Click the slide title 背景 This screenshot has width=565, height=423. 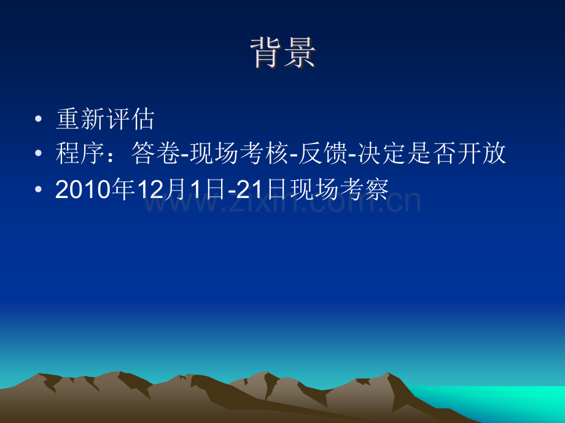[x=282, y=53]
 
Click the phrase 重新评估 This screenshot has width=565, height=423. [x=105, y=120]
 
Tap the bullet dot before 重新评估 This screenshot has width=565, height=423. [x=39, y=120]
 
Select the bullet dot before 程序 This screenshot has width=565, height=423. [x=39, y=154]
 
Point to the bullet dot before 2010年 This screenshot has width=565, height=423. [x=39, y=191]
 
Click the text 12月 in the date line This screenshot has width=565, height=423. [x=154, y=191]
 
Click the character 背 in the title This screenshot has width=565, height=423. [x=267, y=53]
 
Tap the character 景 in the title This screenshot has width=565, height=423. [x=300, y=53]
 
